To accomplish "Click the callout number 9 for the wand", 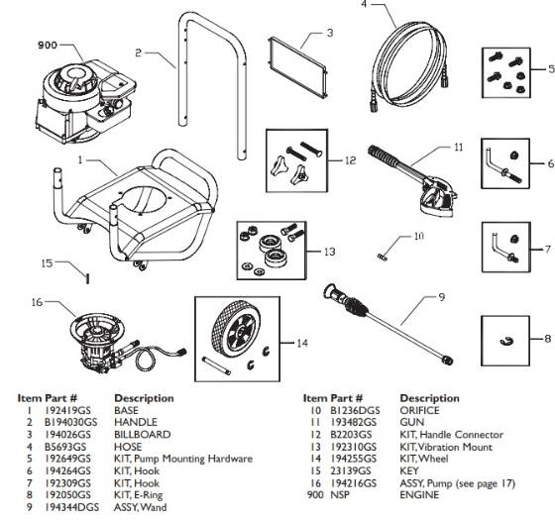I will (x=442, y=295).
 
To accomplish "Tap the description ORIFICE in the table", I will (x=421, y=409).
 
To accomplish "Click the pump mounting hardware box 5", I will (x=508, y=70).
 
